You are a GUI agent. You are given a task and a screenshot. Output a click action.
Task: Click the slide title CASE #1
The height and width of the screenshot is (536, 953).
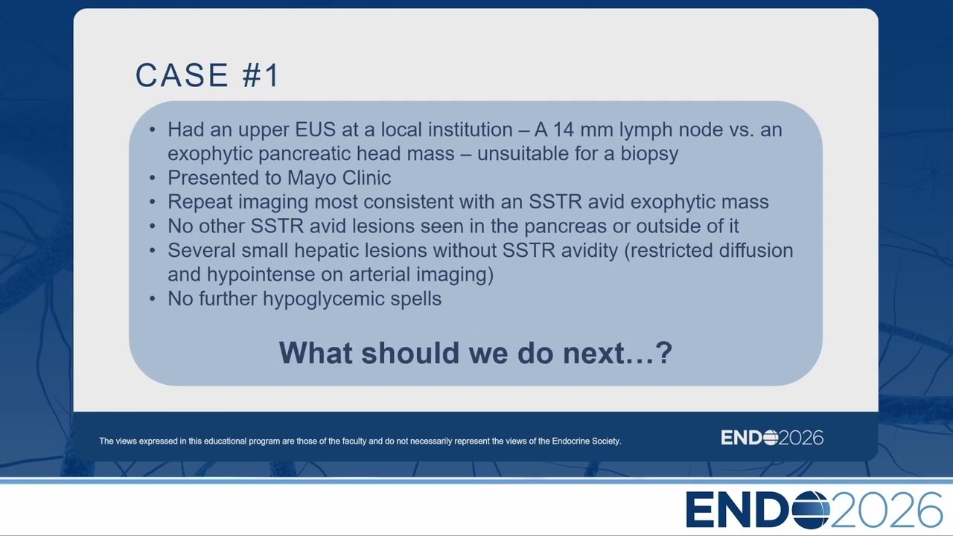pyautogui.click(x=207, y=75)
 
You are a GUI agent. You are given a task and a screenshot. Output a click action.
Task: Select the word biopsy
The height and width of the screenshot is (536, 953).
pyautogui.click(x=649, y=154)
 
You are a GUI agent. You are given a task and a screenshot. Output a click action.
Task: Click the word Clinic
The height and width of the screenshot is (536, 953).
pyautogui.click(x=366, y=177)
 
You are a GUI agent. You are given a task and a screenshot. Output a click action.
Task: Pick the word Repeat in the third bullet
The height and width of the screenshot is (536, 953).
pyautogui.click(x=200, y=202)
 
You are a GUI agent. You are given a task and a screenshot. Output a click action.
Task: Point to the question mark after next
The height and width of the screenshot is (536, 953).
pyautogui.click(x=663, y=353)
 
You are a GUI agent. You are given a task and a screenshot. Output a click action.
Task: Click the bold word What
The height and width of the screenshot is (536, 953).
pyautogui.click(x=316, y=353)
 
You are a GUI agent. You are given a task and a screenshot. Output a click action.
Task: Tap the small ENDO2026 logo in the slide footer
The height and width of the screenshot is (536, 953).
pyautogui.click(x=772, y=438)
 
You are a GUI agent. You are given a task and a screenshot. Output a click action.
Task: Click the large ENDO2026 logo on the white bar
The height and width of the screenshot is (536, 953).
pyautogui.click(x=814, y=510)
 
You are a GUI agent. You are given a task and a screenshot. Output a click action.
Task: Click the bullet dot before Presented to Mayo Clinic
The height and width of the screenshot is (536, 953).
pyautogui.click(x=153, y=178)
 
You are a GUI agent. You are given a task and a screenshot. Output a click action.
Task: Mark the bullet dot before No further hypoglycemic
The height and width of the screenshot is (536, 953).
pyautogui.click(x=153, y=299)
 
